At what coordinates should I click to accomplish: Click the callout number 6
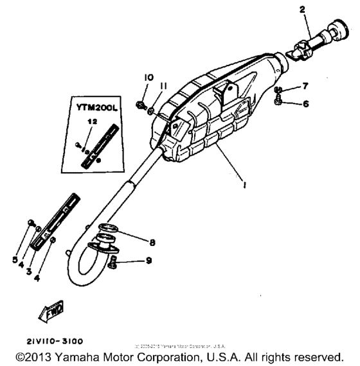point(306,103)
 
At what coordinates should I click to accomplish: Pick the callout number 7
point(306,85)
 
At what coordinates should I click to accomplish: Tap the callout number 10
point(148,78)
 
